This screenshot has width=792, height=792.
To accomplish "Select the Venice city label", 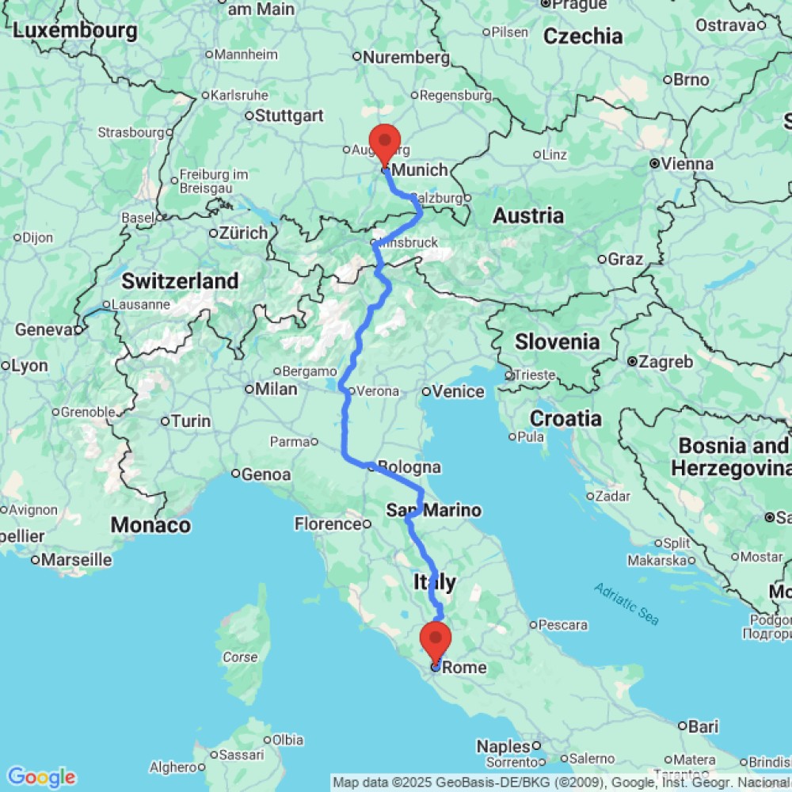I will pos(459,391).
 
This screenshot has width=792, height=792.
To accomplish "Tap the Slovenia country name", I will pos(557,342).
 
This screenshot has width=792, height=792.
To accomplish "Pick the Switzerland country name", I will pos(180,281).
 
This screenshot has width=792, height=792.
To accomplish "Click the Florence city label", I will pos(328,524).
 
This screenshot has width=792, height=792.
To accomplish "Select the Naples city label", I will pos(502,746).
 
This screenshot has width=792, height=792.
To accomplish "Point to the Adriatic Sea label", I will pos(626,603).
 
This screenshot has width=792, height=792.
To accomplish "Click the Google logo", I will pos(40,777).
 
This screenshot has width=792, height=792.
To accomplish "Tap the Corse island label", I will pos(240,657).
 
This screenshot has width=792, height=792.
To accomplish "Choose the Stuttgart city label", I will pos(289,116).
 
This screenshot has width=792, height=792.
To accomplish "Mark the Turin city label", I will pos(191,421).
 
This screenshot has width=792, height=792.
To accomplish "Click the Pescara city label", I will pos(563,625).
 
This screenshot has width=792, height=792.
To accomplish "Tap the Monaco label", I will pos(150,524).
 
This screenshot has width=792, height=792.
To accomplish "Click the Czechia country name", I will pos(584,36).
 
